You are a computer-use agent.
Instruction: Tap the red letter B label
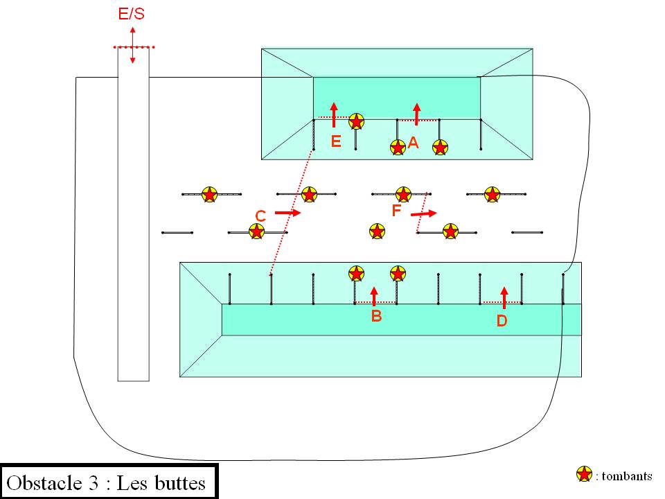tap(376, 316)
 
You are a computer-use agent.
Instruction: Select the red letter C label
tap(260, 216)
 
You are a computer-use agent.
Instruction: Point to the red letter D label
tap(502, 321)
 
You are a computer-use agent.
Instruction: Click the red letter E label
tap(336, 141)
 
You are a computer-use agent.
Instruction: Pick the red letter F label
tap(397, 210)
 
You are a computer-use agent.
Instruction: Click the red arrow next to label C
tap(287, 213)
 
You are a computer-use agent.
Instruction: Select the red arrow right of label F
tap(425, 213)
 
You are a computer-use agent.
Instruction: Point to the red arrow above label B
tap(374, 295)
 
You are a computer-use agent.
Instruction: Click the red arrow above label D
tap(504, 297)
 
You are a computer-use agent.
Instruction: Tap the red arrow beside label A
tap(416, 114)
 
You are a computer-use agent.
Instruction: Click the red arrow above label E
tap(334, 114)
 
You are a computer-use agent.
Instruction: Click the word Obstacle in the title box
tap(48, 482)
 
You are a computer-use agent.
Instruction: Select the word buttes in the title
tap(182, 482)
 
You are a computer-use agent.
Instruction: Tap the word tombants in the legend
tap(628, 475)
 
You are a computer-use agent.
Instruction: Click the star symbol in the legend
tap(585, 474)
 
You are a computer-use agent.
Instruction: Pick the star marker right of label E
tap(356, 122)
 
